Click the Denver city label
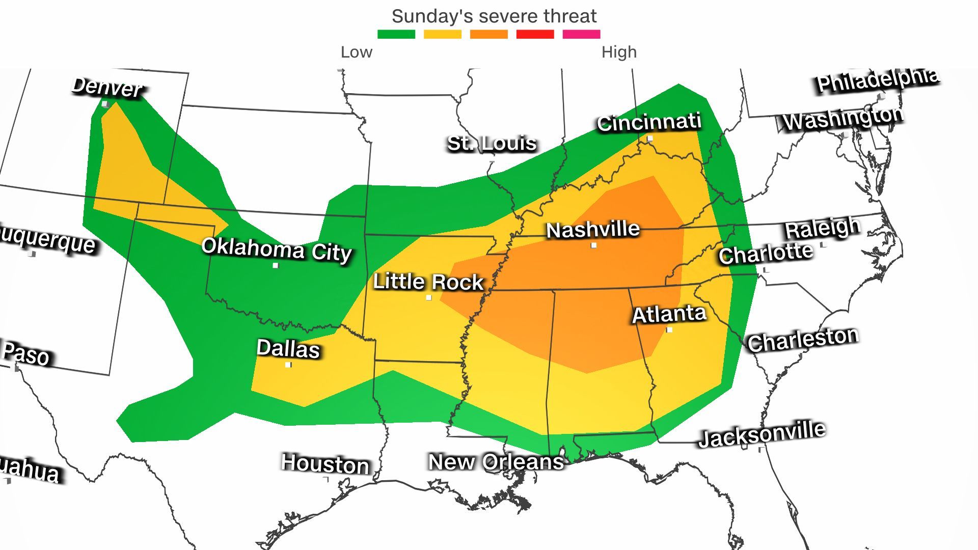[107, 87]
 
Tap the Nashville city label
[593, 229]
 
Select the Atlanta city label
[669, 314]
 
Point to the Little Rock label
[428, 282]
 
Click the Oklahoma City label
[277, 249]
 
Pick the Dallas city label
[288, 349]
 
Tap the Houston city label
[325, 464]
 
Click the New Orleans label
[496, 462]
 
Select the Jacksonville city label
[762, 434]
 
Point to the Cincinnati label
[649, 122]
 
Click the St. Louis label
[492, 143]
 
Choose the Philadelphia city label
[877, 80]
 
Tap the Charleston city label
[803, 339]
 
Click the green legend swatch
[396, 34]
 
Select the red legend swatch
[535, 34]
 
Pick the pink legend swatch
[581, 34]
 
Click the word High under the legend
[619, 52]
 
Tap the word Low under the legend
[357, 52]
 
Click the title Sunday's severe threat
[494, 16]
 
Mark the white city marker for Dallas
[288, 365]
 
